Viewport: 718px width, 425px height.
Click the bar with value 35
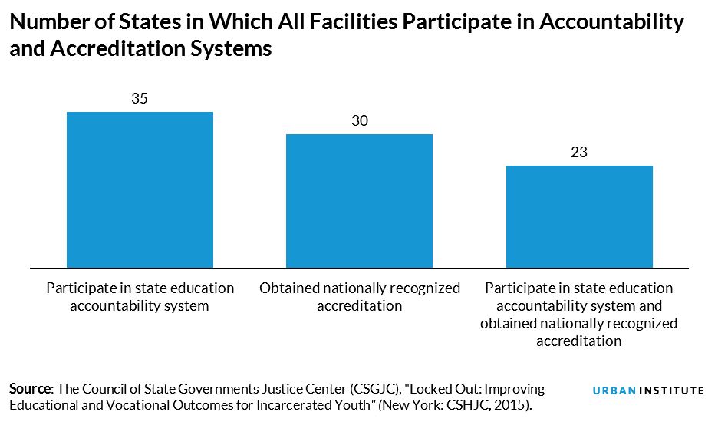click(x=140, y=189)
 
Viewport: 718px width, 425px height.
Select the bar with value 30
click(x=359, y=201)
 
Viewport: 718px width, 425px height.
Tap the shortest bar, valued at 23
click(x=579, y=216)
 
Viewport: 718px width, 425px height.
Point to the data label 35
click(x=140, y=99)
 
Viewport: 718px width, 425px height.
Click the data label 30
click(x=359, y=121)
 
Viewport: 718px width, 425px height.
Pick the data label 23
click(x=579, y=153)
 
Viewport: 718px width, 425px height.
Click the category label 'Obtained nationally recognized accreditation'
click(x=359, y=297)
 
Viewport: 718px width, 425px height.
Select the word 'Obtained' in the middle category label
click(x=288, y=288)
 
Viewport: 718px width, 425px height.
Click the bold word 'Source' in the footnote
click(x=29, y=389)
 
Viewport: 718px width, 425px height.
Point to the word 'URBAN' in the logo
click(x=613, y=390)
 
